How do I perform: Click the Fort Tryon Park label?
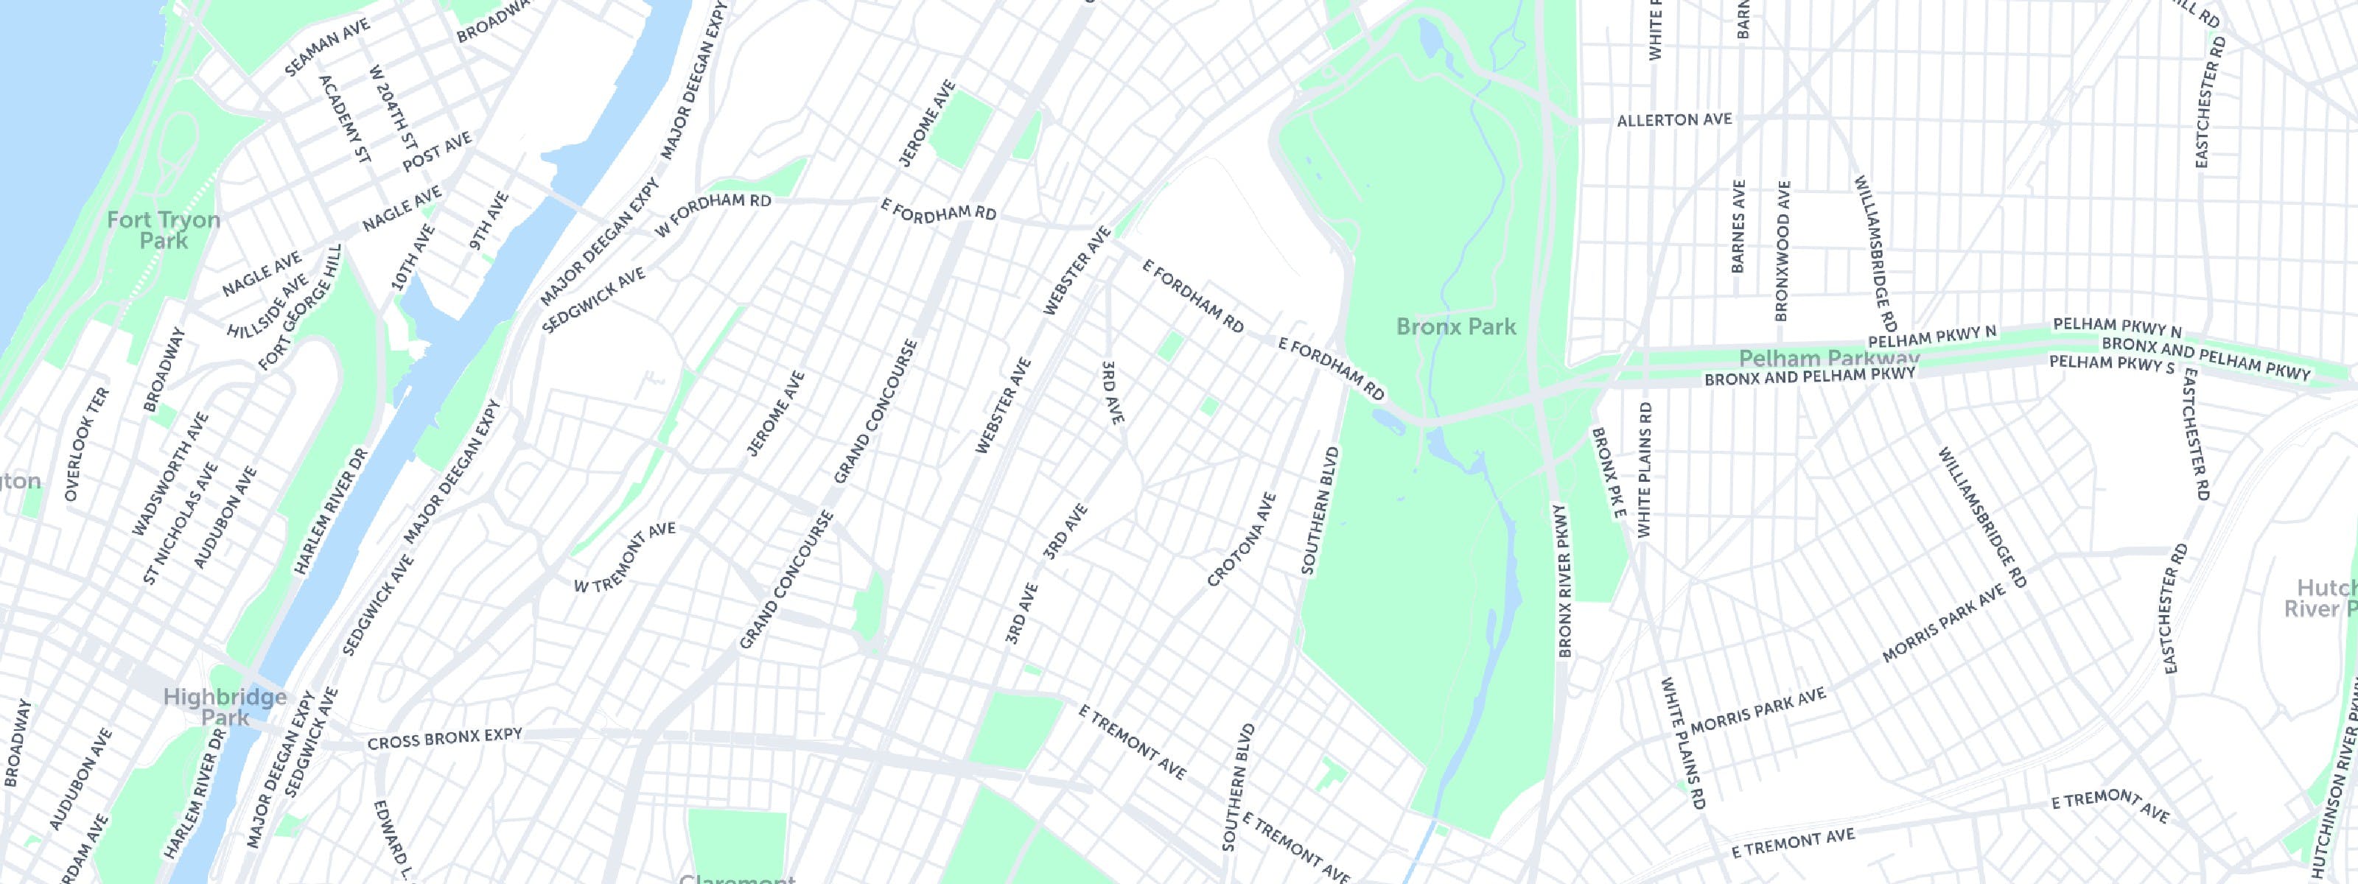(163, 230)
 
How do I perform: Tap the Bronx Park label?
(1455, 326)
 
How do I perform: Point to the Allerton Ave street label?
(1674, 120)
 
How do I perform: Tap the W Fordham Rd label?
(713, 216)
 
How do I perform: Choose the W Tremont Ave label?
(624, 558)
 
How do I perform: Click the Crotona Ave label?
(1241, 540)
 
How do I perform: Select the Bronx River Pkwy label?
(1564, 580)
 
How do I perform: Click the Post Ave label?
(437, 152)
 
